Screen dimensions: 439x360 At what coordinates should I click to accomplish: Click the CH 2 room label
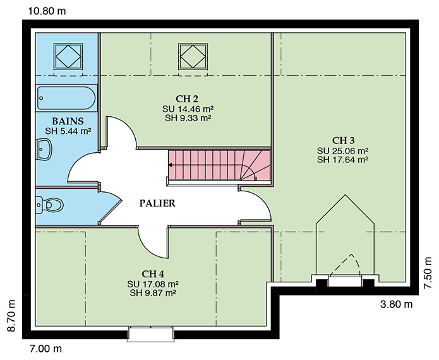pyautogui.click(x=187, y=99)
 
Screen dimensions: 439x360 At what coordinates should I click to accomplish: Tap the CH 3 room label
pyautogui.click(x=343, y=140)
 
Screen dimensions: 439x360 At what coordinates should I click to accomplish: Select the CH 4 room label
pyautogui.click(x=153, y=273)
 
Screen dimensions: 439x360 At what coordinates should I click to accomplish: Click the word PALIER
pyautogui.click(x=157, y=203)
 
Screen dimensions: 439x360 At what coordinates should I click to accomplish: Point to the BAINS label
pyautogui.click(x=68, y=121)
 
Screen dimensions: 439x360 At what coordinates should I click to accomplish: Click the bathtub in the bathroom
pyautogui.click(x=66, y=98)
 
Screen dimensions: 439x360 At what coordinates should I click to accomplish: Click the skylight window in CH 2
pyautogui.click(x=193, y=56)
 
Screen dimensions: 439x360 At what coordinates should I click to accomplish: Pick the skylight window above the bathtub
pyautogui.click(x=68, y=56)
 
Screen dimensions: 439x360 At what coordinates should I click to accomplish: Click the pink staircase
pyautogui.click(x=219, y=165)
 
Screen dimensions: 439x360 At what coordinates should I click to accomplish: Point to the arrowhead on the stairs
pyautogui.click(x=170, y=165)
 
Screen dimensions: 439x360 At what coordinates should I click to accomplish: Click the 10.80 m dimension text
pyautogui.click(x=47, y=11)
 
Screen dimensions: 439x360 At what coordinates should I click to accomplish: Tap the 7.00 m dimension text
pyautogui.click(x=45, y=349)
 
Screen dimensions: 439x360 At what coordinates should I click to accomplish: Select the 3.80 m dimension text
pyautogui.click(x=396, y=304)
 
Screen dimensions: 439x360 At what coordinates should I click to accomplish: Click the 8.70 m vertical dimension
pyautogui.click(x=11, y=316)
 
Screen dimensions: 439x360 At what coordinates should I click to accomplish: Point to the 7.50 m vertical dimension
pyautogui.click(x=428, y=273)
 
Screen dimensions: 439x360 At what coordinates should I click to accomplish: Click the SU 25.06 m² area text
pyautogui.click(x=343, y=151)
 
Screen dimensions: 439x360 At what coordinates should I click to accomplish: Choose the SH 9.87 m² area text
pyautogui.click(x=153, y=293)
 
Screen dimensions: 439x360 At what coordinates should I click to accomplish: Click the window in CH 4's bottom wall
pyautogui.click(x=151, y=333)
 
